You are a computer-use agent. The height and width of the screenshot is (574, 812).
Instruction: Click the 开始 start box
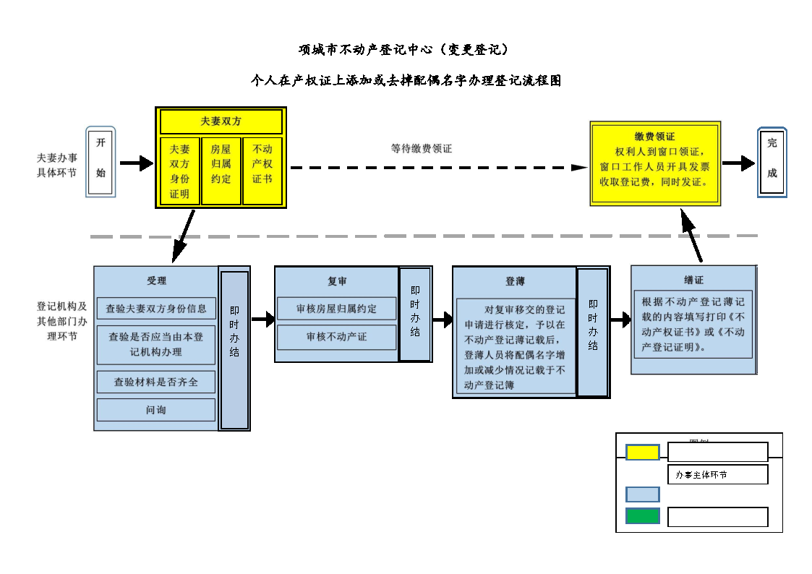[101, 163]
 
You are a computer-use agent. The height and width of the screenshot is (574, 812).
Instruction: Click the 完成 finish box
[772, 163]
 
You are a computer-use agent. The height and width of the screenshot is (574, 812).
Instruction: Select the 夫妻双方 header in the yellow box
[221, 121]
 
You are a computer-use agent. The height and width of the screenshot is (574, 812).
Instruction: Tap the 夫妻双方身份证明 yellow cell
[179, 171]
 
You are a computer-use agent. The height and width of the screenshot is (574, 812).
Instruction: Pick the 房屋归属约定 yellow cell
[221, 171]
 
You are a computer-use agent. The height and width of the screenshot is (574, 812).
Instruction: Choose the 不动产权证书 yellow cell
[262, 171]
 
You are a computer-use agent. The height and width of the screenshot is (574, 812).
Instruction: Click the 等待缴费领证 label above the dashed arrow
[422, 148]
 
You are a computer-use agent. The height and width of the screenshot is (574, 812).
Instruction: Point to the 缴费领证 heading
[654, 136]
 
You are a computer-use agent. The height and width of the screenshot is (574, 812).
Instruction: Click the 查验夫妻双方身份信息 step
[156, 308]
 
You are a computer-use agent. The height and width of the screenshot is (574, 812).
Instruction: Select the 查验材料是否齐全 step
[156, 381]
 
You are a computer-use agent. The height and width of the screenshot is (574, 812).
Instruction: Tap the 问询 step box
[156, 410]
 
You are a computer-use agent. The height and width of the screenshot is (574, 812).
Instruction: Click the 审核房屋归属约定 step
[336, 308]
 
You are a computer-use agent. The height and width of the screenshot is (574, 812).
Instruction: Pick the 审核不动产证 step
[336, 337]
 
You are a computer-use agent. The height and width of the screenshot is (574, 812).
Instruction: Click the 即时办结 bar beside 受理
[234, 350]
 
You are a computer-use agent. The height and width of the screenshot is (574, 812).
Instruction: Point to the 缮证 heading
[693, 280]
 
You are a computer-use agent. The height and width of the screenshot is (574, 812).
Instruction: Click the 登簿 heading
[515, 281]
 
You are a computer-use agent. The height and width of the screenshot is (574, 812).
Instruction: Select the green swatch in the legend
[642, 516]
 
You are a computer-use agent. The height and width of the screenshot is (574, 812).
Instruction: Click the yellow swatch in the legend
[642, 453]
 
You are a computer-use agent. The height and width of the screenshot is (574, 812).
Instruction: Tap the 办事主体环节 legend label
[717, 475]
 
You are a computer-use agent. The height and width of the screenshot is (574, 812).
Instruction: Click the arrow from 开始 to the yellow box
[136, 164]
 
